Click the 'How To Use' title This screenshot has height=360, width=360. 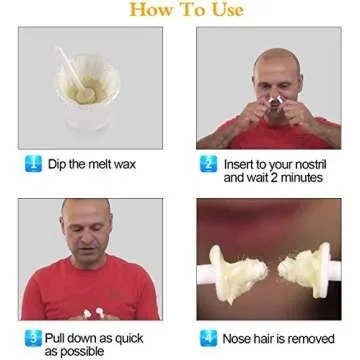pyautogui.click(x=181, y=12)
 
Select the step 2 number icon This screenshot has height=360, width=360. pyautogui.click(x=209, y=163)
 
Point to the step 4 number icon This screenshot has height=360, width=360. pyautogui.click(x=209, y=337)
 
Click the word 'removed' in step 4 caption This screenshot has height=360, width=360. pyautogui.click(x=316, y=338)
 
